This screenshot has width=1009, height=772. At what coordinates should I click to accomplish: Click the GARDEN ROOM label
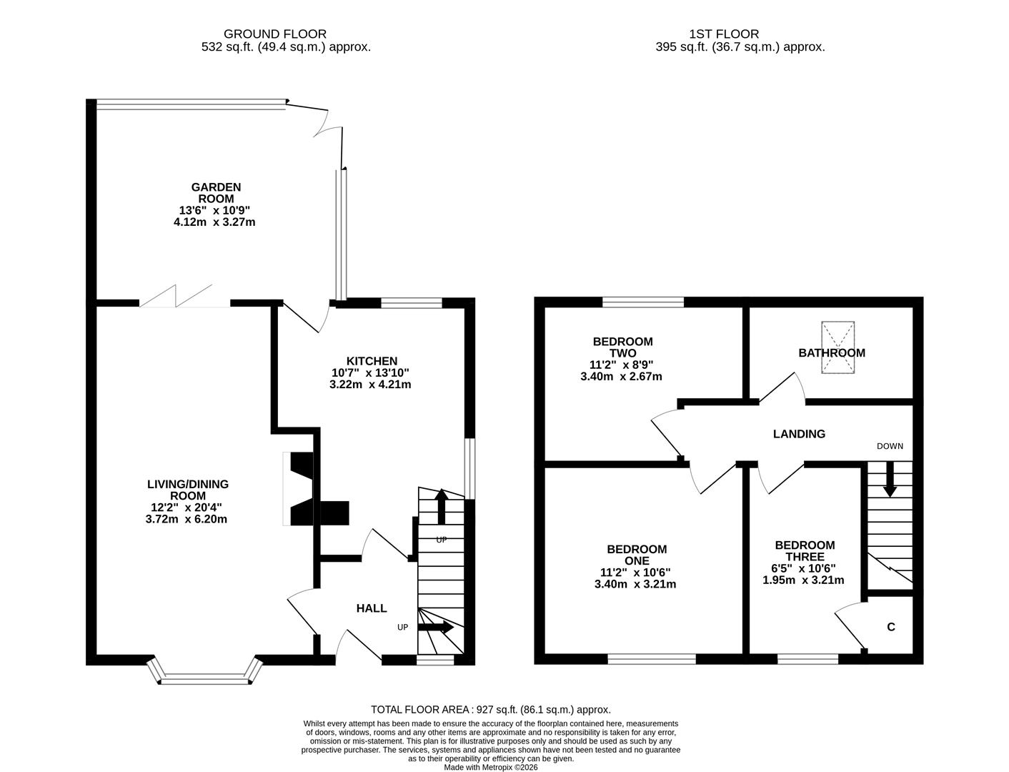click(215, 193)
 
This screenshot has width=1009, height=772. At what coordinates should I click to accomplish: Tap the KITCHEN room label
click(371, 361)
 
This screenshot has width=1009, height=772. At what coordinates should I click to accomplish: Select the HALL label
click(372, 608)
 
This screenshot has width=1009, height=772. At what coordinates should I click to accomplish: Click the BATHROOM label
click(831, 353)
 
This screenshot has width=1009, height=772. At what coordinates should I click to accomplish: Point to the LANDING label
click(799, 434)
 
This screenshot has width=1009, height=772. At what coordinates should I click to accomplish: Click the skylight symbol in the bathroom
click(837, 347)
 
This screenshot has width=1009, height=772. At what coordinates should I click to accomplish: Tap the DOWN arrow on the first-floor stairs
click(890, 480)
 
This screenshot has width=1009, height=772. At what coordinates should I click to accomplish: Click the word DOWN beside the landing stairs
click(890, 446)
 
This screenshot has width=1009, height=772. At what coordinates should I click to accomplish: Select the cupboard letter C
click(890, 628)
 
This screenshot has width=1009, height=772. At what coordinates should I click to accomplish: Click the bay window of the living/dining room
click(206, 675)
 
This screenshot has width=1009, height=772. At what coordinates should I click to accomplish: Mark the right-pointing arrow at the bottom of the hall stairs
click(436, 628)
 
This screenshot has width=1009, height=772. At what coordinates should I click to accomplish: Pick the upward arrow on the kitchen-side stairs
click(441, 505)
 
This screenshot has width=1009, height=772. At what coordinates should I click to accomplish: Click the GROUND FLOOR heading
click(275, 34)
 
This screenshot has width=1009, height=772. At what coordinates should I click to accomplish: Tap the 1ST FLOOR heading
click(724, 34)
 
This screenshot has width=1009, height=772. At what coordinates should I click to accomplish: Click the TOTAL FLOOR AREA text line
click(491, 710)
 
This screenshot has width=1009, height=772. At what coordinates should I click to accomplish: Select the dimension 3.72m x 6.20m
click(186, 519)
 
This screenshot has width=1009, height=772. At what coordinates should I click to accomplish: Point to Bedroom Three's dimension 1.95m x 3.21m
click(803, 580)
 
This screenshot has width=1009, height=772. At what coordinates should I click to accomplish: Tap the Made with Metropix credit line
click(491, 768)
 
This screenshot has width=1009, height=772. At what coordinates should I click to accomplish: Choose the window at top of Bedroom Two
click(643, 302)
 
